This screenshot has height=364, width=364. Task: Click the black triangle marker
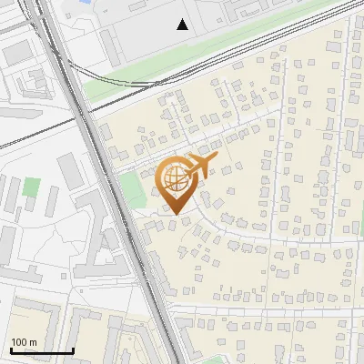click(x=183, y=25)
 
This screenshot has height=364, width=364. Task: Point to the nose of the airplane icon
click(x=217, y=158)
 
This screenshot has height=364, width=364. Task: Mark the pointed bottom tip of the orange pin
click(x=175, y=214)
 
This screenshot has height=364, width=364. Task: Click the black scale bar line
click(x=42, y=350)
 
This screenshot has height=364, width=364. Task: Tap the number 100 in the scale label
click(x=19, y=342)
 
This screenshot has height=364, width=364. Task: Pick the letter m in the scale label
click(x=34, y=342)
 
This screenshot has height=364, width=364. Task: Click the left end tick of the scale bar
click(x=11, y=349)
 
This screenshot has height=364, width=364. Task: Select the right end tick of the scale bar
click(x=73, y=349)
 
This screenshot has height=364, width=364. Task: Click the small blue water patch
click(x=86, y=3)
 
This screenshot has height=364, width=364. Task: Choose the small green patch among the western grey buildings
click(x=33, y=189)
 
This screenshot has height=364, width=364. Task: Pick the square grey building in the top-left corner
click(x=18, y=54)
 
